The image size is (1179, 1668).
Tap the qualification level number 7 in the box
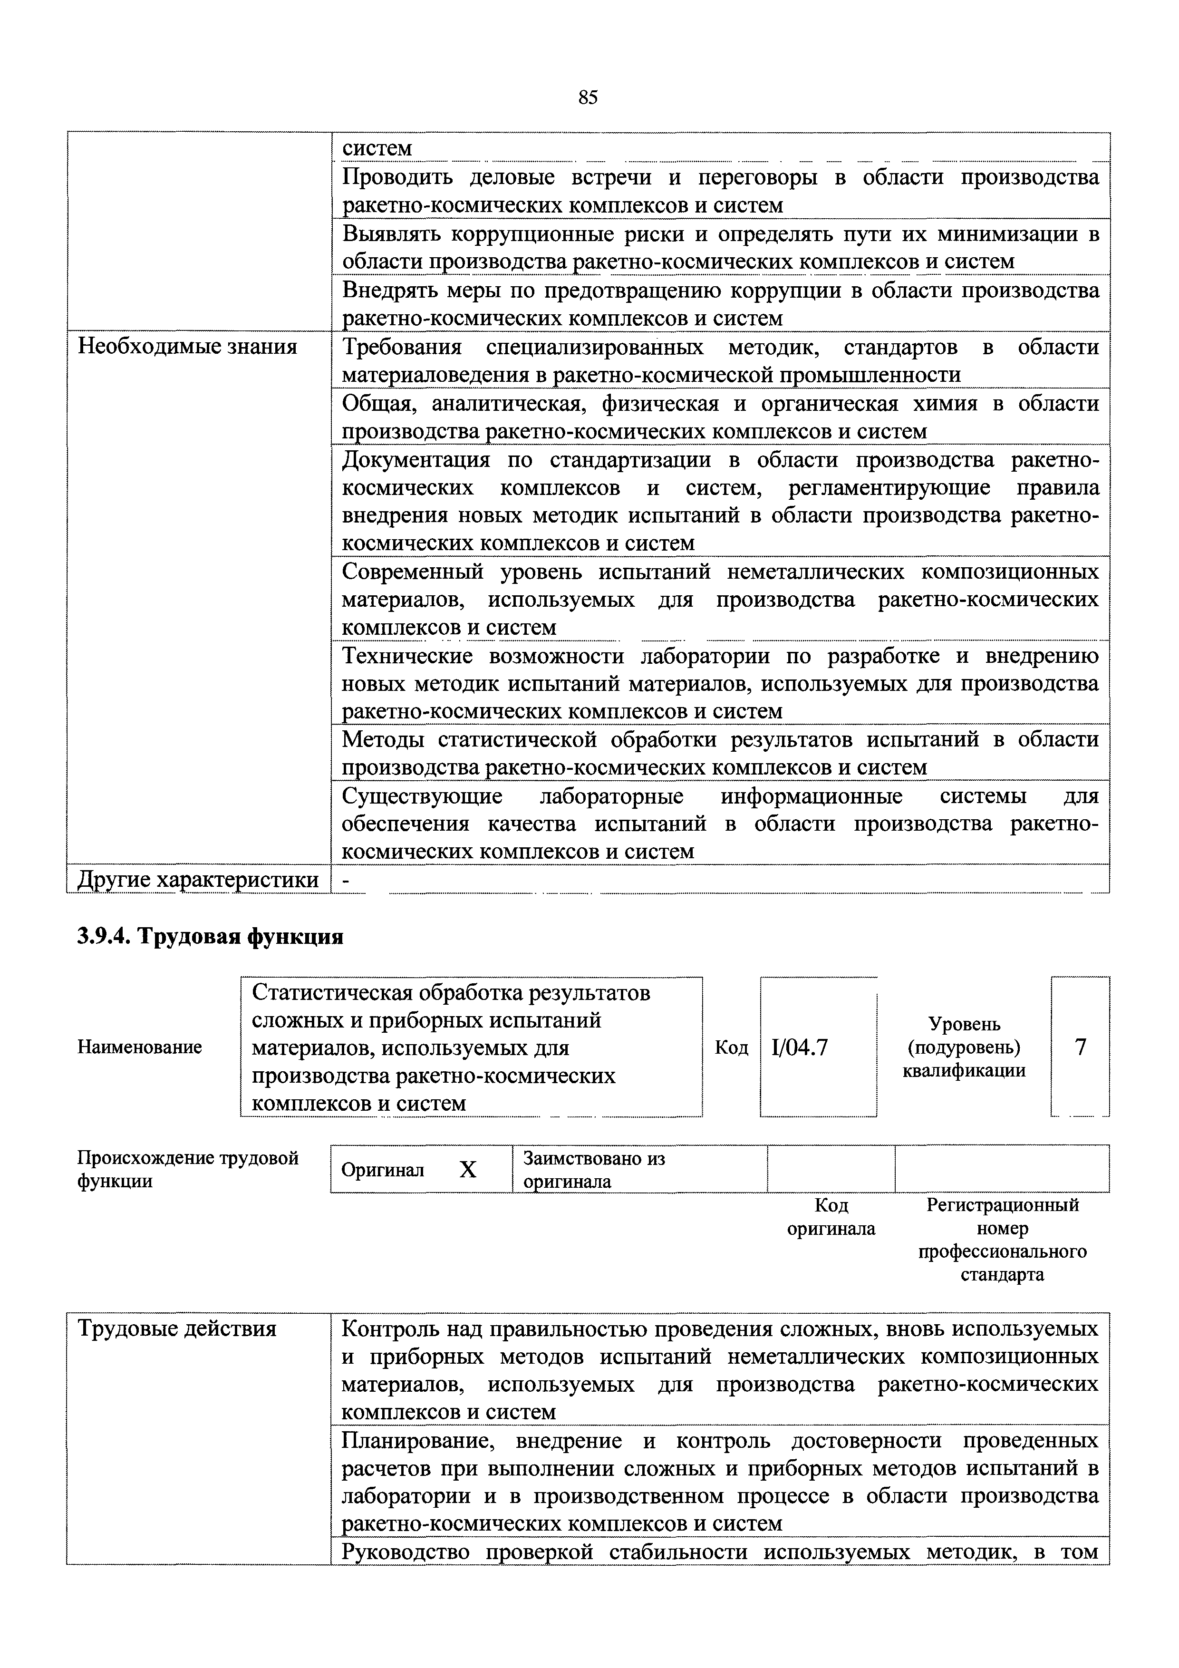tap(1080, 1047)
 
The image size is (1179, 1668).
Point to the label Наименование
tap(139, 1047)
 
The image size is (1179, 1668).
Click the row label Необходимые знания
tap(187, 347)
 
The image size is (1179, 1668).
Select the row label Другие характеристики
tap(198, 880)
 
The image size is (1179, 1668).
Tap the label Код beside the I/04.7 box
tap(731, 1047)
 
